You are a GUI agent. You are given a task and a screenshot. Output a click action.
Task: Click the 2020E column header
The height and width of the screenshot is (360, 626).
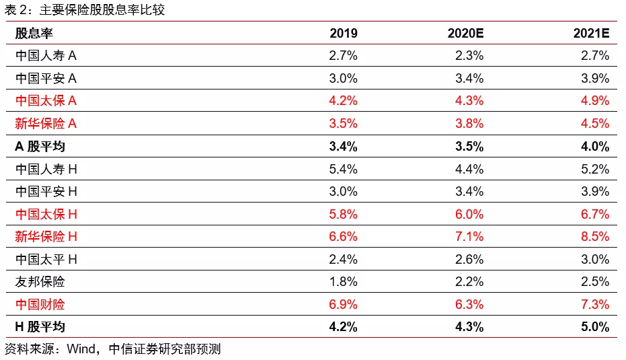tap(465, 33)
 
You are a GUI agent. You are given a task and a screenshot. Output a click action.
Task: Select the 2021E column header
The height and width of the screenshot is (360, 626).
tap(591, 33)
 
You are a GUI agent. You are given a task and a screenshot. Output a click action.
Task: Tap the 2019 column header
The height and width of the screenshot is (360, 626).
tap(344, 33)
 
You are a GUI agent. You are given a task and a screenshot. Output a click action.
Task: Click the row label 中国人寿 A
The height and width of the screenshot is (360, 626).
tap(46, 56)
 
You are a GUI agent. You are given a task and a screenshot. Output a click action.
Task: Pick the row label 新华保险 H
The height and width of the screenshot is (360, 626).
tap(46, 237)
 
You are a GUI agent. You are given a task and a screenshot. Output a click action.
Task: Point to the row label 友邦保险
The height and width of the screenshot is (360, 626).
tap(40, 282)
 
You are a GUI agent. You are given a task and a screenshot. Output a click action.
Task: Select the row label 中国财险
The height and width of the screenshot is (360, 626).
tap(40, 304)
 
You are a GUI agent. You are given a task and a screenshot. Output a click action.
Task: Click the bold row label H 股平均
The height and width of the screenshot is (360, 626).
tap(40, 327)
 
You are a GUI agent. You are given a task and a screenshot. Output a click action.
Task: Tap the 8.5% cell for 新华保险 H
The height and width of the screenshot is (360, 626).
tap(595, 237)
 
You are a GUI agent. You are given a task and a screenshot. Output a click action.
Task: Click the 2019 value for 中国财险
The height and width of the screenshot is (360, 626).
tap(343, 304)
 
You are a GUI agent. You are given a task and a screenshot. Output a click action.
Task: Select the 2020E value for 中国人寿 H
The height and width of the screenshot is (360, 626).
tap(469, 169)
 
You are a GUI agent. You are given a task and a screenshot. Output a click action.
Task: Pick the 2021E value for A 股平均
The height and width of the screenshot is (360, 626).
tap(595, 146)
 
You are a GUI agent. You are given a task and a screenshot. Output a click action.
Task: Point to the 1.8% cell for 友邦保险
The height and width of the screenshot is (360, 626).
tap(343, 282)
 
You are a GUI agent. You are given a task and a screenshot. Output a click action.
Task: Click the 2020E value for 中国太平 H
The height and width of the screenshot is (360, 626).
tap(469, 259)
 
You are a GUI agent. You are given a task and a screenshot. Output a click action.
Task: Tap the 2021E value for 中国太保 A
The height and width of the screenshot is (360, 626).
tap(595, 101)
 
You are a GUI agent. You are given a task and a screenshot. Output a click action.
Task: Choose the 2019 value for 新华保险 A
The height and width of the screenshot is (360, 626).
tap(343, 123)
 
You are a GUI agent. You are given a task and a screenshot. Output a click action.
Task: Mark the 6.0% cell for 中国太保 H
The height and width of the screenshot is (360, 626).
tap(469, 214)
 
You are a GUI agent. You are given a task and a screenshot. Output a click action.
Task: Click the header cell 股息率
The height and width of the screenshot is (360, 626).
tap(34, 33)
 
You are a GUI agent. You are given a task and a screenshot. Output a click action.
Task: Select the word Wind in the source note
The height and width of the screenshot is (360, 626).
tap(81, 349)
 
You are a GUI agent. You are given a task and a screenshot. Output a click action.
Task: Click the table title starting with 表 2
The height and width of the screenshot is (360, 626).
tap(85, 9)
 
